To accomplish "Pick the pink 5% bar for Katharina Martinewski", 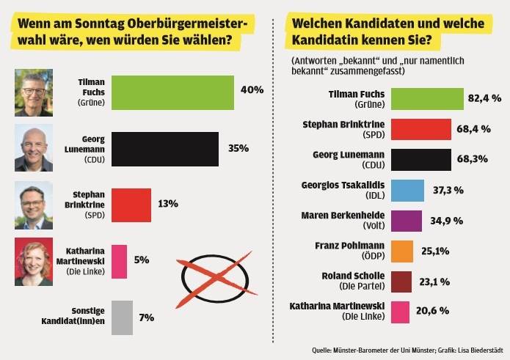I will pyautogui.click(x=119, y=261).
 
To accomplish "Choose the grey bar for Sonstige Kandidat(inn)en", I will pyautogui.click(x=122, y=317).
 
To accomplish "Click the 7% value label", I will pyautogui.click(x=146, y=317).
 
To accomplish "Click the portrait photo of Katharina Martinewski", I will pyautogui.click(x=34, y=262).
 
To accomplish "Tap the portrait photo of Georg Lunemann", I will pyautogui.click(x=34, y=148).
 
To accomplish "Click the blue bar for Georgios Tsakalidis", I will pyautogui.click(x=407, y=190).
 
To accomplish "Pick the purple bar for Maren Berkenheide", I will pyautogui.click(x=407, y=221).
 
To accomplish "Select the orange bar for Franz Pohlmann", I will pyautogui.click(x=402, y=251).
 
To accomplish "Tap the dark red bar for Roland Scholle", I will pyautogui.click(x=401, y=282).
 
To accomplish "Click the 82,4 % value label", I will pyautogui.click(x=485, y=98).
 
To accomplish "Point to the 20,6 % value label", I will pyautogui.click(x=434, y=312).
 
